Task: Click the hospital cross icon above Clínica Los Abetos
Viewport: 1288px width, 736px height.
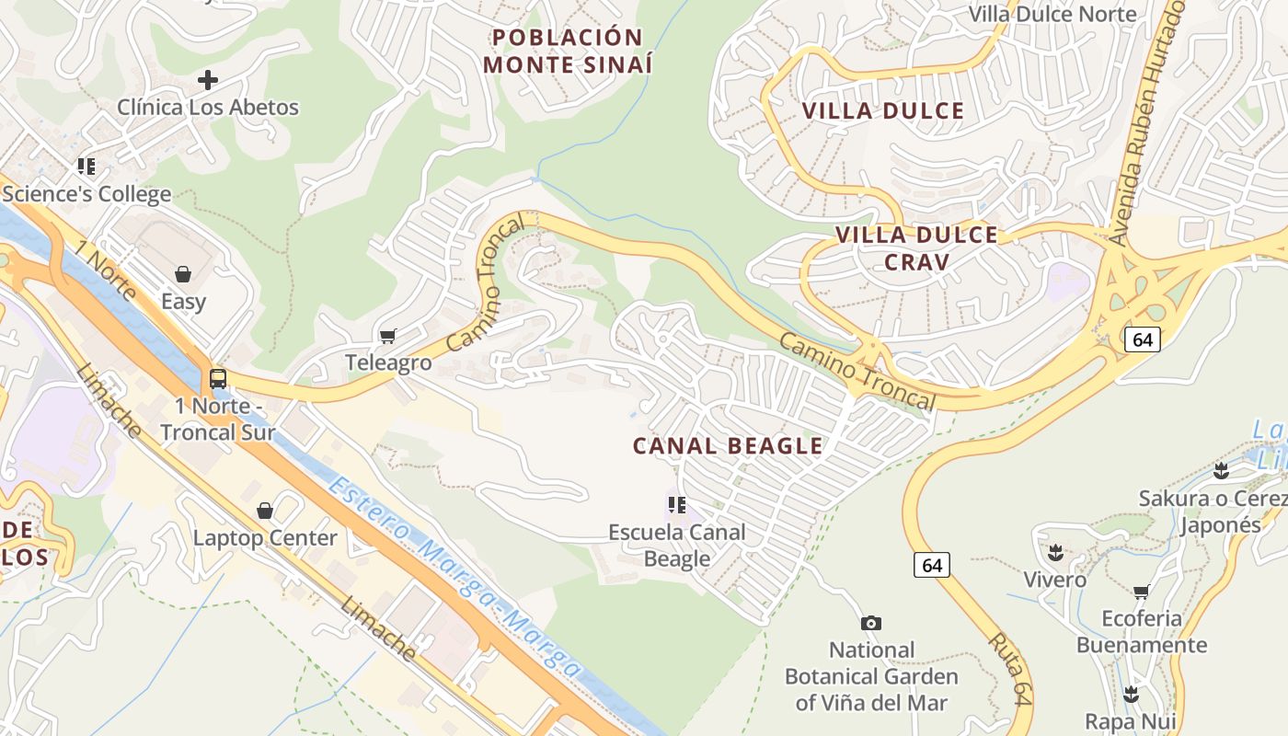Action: point(208,80)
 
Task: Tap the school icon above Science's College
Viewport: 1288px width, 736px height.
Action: point(86,167)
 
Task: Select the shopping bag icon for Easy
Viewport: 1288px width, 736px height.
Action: point(183,274)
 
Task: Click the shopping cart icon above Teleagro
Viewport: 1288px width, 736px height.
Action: point(388,336)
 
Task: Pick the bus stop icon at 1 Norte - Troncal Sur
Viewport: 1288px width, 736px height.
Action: point(218,378)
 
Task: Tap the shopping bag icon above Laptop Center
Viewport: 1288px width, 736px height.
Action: point(265,511)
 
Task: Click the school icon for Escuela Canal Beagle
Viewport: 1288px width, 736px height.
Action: point(677,504)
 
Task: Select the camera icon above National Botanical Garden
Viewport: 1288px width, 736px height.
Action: point(870,623)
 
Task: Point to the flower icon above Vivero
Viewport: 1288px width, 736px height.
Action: point(1055,553)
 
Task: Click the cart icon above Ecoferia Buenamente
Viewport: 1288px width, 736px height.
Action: point(1142,592)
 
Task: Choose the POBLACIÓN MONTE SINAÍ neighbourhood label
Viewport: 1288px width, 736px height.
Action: point(568,51)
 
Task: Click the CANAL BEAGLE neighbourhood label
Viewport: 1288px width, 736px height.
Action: point(728,446)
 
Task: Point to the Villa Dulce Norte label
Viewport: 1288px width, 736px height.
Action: point(1052,14)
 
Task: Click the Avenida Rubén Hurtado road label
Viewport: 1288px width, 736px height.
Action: point(1144,124)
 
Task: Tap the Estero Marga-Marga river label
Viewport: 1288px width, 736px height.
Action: point(456,576)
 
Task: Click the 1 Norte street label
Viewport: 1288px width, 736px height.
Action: point(106,270)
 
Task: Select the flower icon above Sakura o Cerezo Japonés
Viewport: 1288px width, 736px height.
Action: point(1221,471)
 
